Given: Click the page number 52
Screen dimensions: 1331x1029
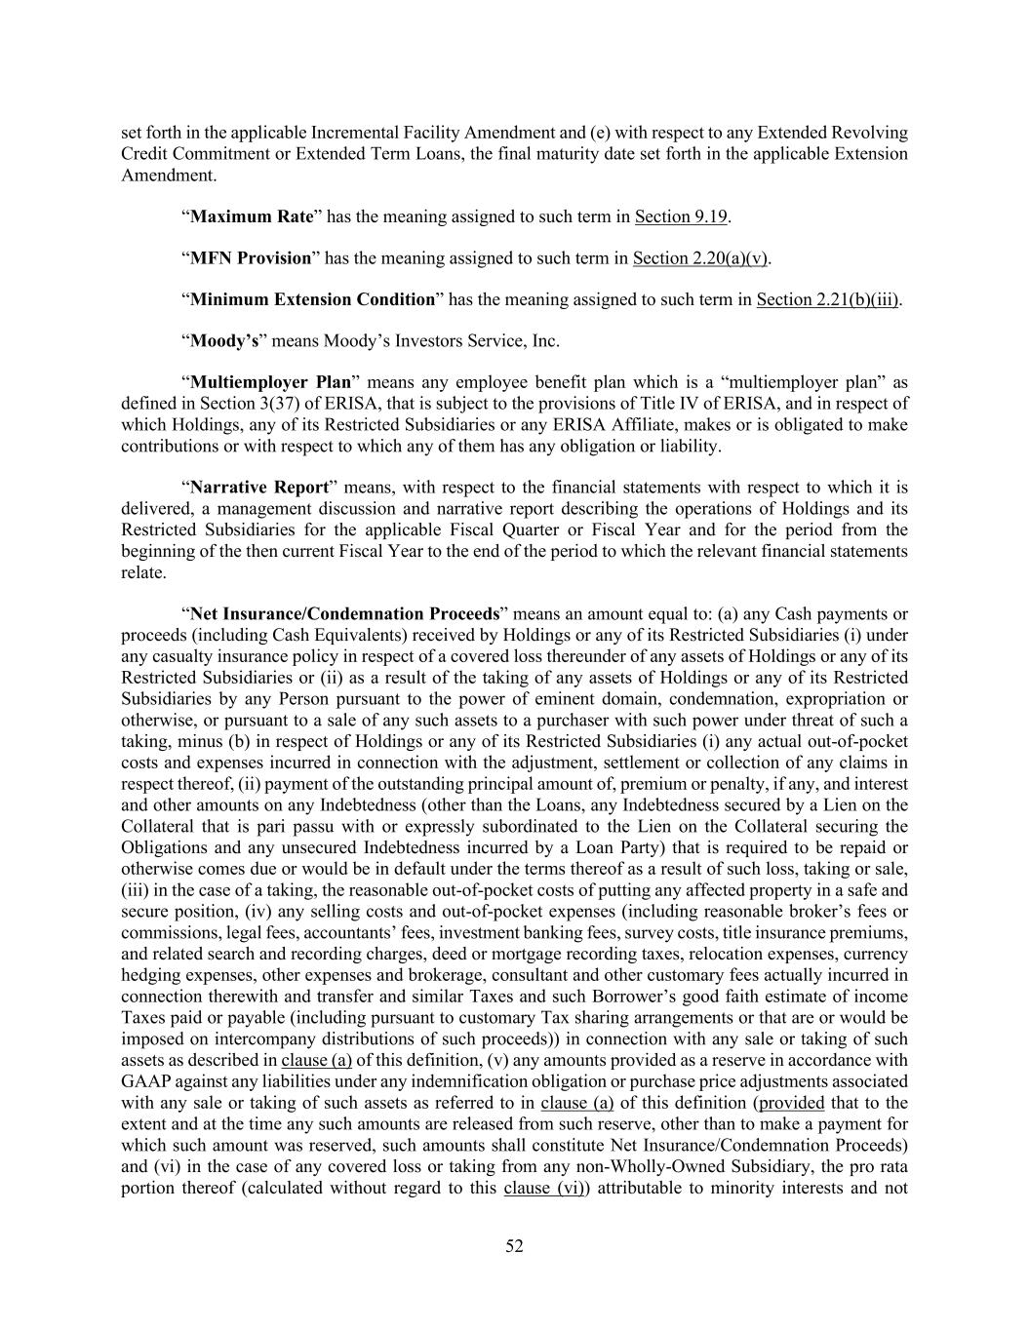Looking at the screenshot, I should [x=514, y=1245].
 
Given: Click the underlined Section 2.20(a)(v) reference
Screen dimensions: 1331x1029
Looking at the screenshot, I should [x=700, y=258].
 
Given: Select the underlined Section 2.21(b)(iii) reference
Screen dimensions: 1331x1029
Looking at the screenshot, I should [x=827, y=299].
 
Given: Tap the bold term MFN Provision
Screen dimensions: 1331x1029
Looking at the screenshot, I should [x=250, y=258].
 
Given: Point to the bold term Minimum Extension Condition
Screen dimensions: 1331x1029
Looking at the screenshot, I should [x=312, y=299].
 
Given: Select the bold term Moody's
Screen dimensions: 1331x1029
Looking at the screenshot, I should [x=223, y=341].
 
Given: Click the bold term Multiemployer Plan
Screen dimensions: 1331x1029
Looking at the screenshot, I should [x=270, y=382].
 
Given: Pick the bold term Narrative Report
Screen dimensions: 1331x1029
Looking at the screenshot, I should [x=258, y=487].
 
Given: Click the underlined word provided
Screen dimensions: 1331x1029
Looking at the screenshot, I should [x=791, y=1103].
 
